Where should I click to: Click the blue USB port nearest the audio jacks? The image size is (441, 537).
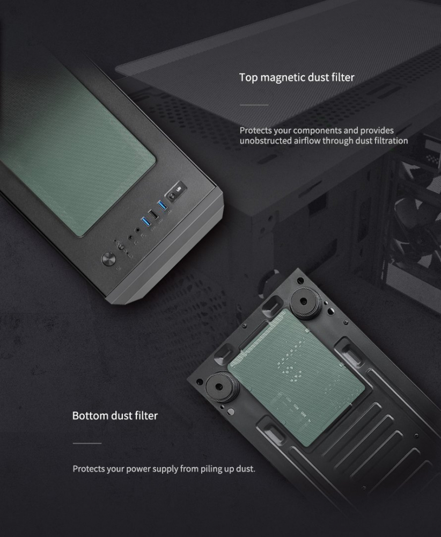145,222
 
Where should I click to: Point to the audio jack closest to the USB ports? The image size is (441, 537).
138,231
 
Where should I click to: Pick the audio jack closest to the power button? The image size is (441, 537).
130,237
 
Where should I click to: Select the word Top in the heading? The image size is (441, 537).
248,78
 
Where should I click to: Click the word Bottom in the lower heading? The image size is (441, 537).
91,416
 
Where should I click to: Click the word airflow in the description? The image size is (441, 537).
308,141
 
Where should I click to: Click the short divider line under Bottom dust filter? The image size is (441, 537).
87,443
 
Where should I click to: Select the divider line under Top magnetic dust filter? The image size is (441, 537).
254,105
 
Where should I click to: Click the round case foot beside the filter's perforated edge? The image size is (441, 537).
305,301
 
